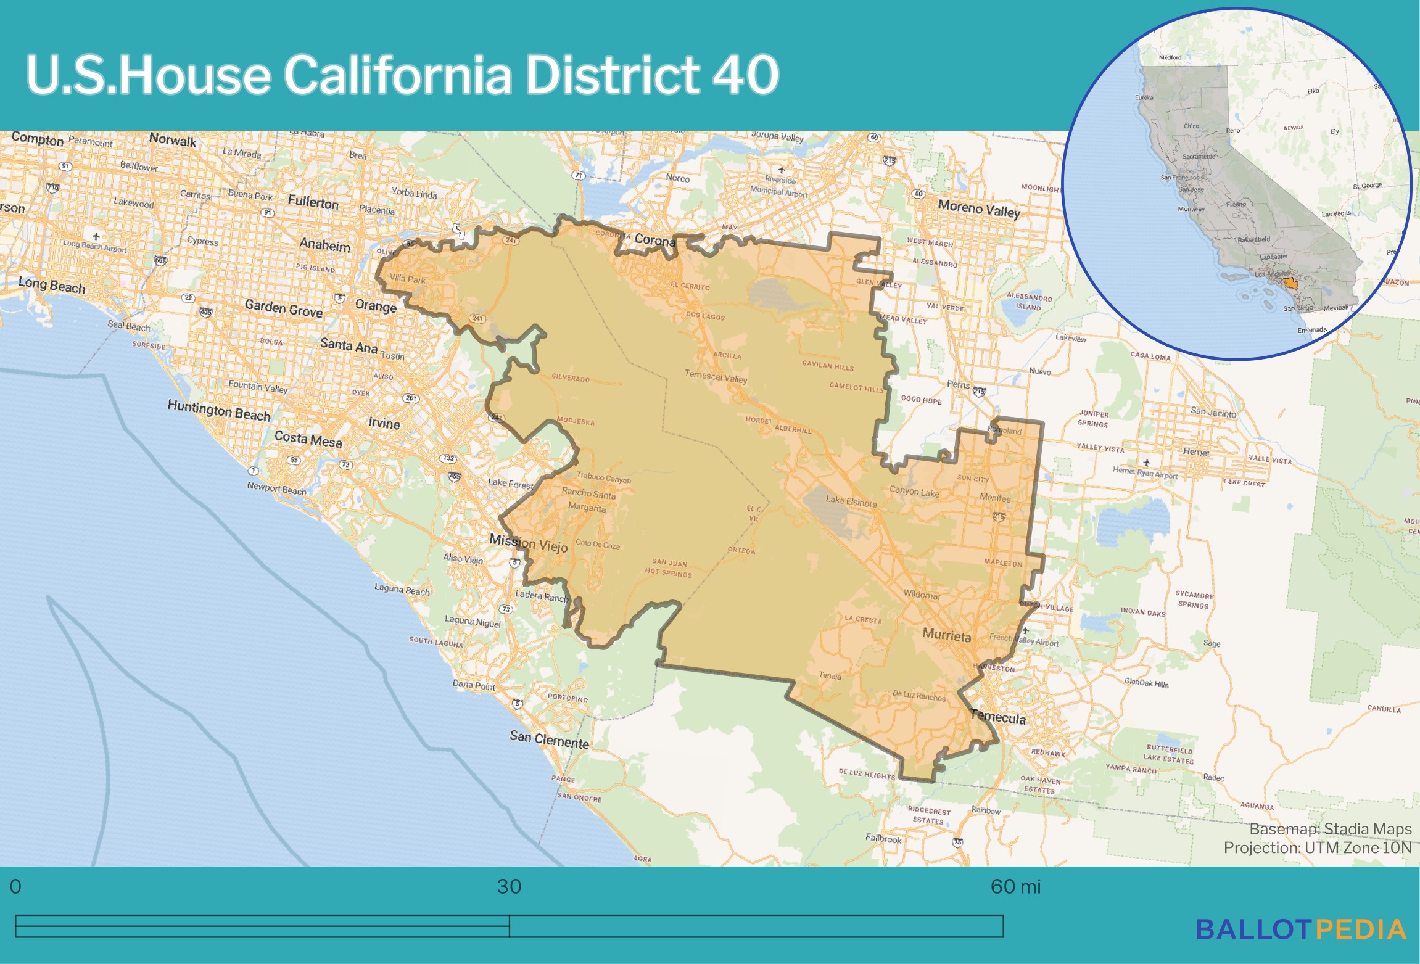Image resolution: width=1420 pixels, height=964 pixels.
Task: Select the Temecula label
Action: tap(998, 717)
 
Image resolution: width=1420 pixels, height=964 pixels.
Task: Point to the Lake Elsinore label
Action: tap(852, 501)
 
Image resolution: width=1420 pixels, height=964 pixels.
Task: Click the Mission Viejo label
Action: tap(529, 543)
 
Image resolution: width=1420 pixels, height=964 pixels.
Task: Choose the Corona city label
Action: tap(654, 240)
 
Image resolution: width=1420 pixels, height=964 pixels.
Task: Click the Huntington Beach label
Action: tap(219, 410)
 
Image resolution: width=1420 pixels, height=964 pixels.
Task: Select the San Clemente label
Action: tap(549, 739)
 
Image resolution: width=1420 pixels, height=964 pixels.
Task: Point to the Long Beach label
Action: tap(52, 286)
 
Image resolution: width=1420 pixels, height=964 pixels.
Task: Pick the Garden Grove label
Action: tap(283, 308)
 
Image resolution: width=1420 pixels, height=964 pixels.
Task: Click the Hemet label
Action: tap(1196, 452)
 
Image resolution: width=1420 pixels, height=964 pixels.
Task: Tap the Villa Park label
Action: tap(407, 279)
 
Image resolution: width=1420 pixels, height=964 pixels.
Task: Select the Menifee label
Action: tap(995, 498)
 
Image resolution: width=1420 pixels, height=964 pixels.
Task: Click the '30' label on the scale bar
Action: tap(509, 887)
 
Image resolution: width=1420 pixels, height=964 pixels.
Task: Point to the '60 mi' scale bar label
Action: tap(1015, 887)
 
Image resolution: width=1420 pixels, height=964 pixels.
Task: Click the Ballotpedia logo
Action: tap(1301, 929)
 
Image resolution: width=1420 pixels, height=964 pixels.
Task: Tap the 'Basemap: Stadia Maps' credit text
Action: tap(1330, 829)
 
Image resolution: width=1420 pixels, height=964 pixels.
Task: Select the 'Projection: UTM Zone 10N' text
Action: tap(1317, 848)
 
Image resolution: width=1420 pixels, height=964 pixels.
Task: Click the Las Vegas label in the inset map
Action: tap(1335, 214)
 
